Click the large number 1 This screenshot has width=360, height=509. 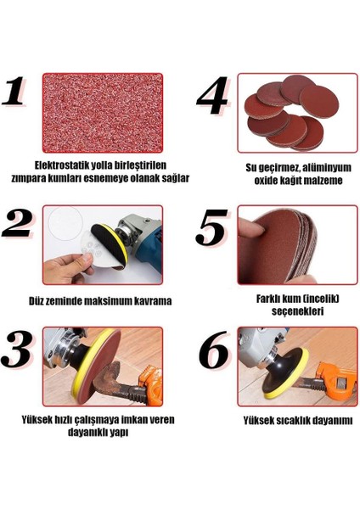(14, 91)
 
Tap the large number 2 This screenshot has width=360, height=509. (17, 225)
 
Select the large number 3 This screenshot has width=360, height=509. (17, 349)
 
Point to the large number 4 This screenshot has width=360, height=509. (212, 95)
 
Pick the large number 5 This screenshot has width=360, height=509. (212, 227)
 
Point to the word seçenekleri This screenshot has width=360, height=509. (298, 311)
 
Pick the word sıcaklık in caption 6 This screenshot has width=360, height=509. (296, 421)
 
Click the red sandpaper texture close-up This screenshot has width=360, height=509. (103, 113)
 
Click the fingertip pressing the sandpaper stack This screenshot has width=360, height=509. (252, 227)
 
